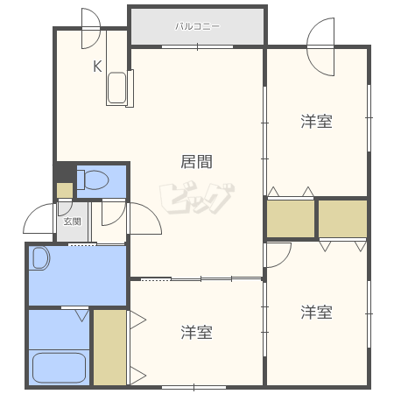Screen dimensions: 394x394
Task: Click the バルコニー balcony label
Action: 197,26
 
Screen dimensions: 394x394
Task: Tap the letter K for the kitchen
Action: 97,67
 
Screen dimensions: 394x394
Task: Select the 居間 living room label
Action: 196,161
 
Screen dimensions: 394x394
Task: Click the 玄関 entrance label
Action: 72,222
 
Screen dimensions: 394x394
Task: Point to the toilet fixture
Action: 93,179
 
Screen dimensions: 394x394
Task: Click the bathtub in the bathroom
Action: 59,368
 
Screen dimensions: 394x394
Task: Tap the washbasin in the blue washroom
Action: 39,258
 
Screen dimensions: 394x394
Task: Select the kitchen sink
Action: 116,88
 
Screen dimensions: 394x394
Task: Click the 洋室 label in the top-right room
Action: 316,122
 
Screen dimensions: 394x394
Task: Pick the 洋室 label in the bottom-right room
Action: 316,312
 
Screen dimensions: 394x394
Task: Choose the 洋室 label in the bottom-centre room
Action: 196,332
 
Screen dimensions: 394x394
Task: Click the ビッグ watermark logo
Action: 197,198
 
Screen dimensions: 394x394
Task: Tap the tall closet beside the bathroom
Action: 109,348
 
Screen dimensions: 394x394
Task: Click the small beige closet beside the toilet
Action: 65,190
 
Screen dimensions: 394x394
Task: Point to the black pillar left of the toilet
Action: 65,173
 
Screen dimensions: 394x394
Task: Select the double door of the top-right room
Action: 320,46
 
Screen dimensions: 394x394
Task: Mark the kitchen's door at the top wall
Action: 91,28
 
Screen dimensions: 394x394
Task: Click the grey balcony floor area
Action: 197,27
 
